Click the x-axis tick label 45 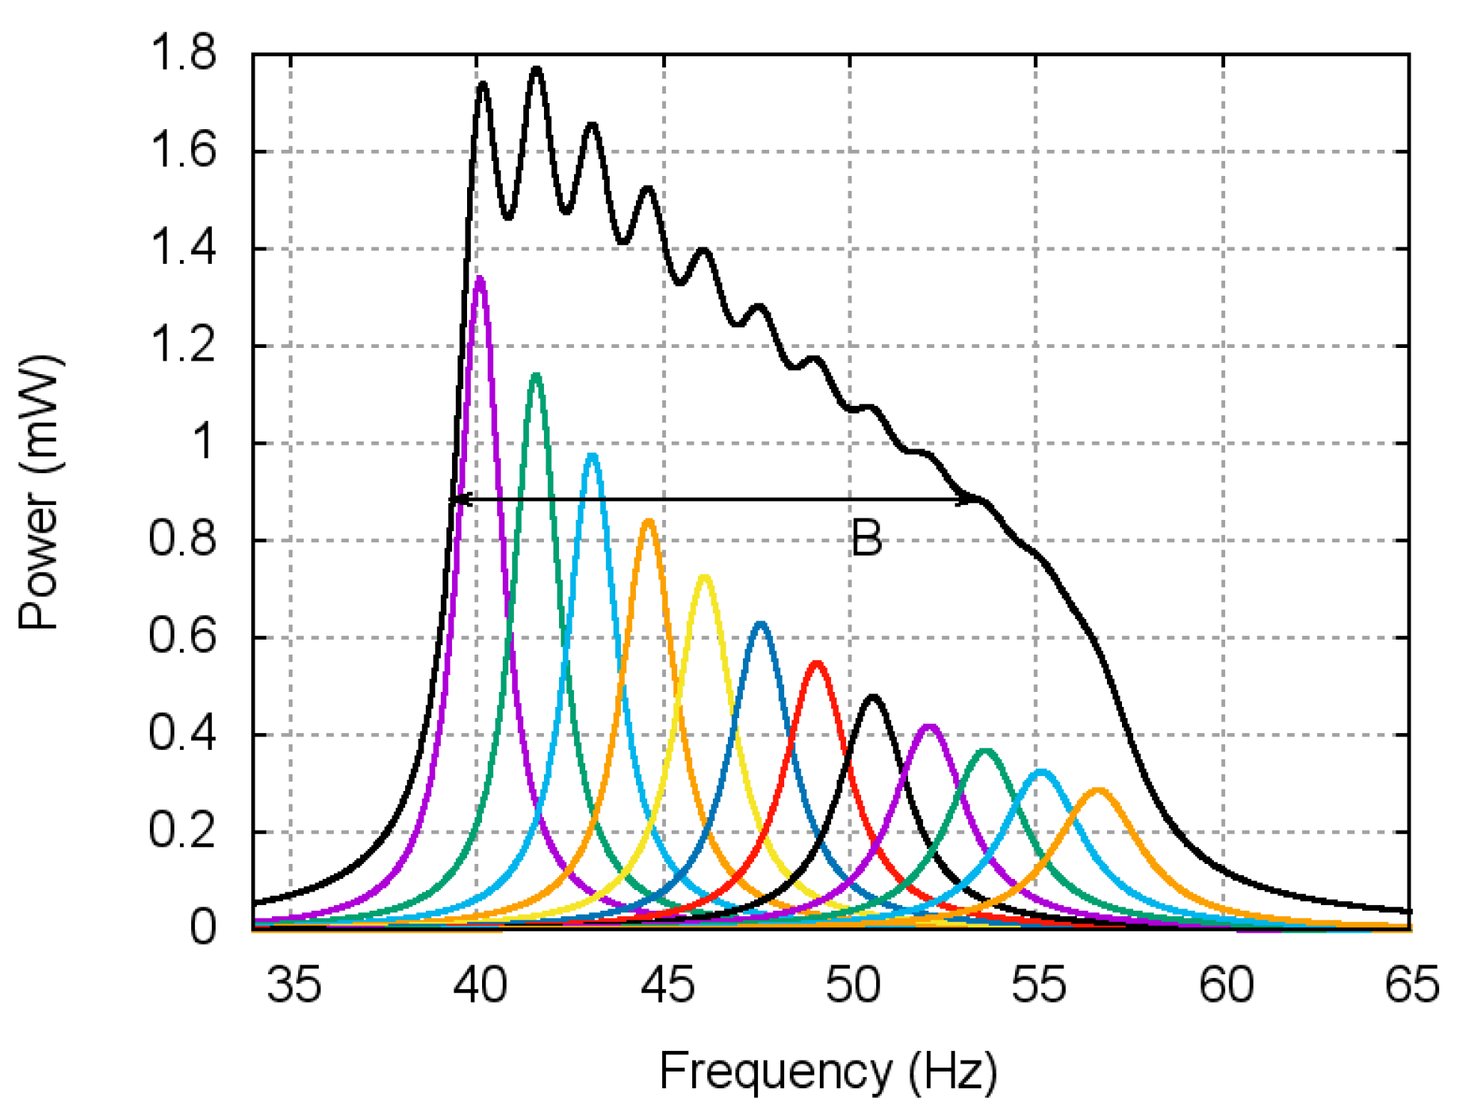[x=667, y=985]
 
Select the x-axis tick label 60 [x=1226, y=985]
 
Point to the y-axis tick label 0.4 [x=182, y=734]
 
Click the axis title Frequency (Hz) [x=828, y=1072]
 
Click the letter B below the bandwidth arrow [x=866, y=538]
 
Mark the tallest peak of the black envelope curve [x=537, y=70]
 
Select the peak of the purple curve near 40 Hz [x=479, y=279]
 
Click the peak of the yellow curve [x=704, y=577]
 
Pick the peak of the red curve [x=817, y=663]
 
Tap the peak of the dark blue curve [x=760, y=625]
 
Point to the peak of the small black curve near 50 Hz [x=873, y=697]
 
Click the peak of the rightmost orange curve [x=1097, y=790]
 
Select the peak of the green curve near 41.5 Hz [x=536, y=375]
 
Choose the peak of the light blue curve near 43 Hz [x=592, y=456]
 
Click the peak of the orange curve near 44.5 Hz [x=649, y=522]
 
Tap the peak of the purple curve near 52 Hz [x=929, y=726]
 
